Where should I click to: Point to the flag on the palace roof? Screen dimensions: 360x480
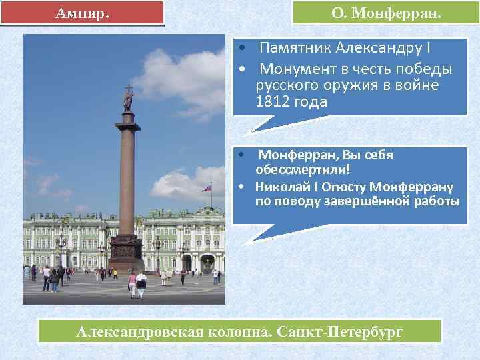click(207, 189)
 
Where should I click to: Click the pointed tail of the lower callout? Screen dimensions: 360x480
click(261, 234)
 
